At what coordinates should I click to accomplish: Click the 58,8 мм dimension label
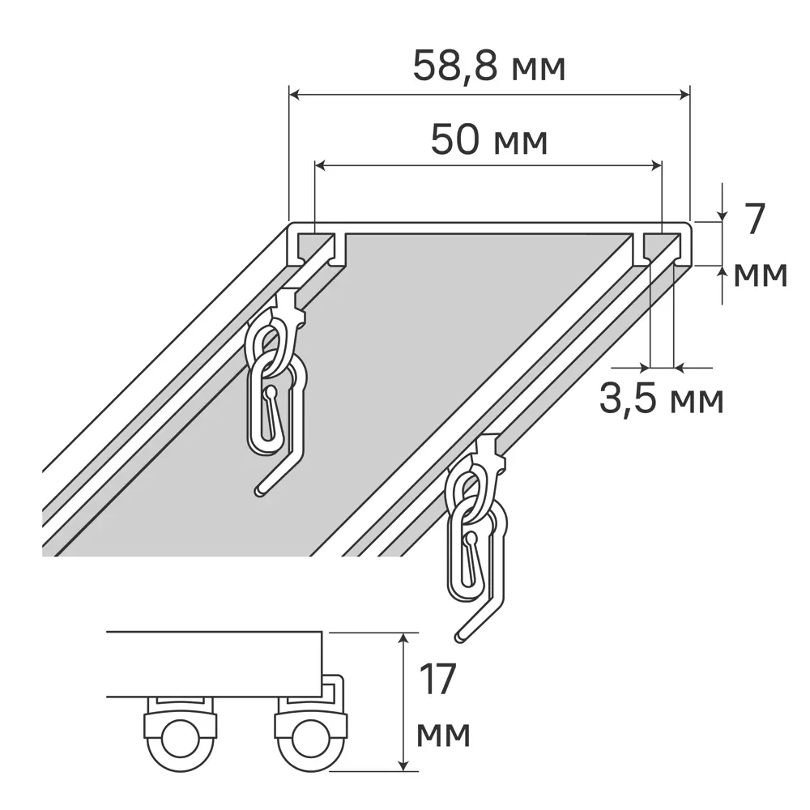488,66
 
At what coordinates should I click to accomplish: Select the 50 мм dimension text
488,139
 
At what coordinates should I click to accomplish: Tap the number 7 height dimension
753,220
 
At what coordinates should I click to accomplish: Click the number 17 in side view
438,680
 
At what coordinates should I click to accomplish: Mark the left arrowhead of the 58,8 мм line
295,96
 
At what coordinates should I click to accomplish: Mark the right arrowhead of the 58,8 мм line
684,96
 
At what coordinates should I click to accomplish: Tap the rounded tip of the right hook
460,637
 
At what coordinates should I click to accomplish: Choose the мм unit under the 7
760,275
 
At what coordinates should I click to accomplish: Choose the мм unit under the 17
443,735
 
